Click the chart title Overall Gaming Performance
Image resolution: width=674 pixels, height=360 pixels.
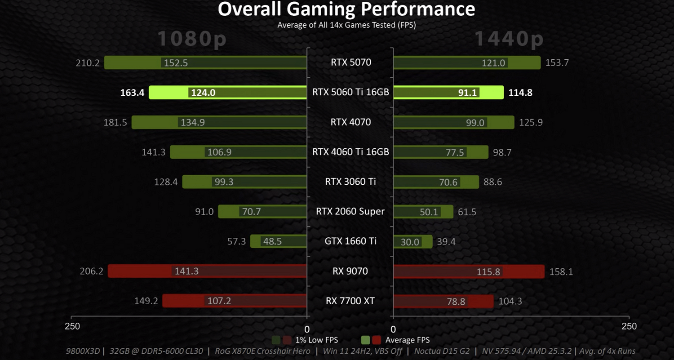[x=346, y=9]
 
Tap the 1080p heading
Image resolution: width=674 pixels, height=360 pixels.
[x=192, y=39]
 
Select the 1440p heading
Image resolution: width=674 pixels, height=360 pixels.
[x=509, y=39]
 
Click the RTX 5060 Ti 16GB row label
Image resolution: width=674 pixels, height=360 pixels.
[x=350, y=92]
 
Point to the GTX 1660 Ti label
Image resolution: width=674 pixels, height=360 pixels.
[x=350, y=241]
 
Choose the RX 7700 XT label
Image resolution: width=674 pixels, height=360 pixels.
[x=350, y=301]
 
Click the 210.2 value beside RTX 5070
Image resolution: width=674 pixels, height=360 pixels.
[x=88, y=63]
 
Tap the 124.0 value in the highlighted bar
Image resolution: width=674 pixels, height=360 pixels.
[x=203, y=93]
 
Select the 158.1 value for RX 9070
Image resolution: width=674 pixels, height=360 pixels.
[x=561, y=272]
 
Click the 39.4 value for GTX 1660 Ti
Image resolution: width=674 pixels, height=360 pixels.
[x=446, y=242]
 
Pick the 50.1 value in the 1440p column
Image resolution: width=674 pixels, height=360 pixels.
[x=429, y=212]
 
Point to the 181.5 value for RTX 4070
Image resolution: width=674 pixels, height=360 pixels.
[x=115, y=122]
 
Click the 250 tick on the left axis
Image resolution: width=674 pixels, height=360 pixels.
[x=73, y=326]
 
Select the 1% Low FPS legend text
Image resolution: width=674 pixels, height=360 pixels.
[x=316, y=340]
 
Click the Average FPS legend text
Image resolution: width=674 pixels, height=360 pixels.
[x=407, y=340]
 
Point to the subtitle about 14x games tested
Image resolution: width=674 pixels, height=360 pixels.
[x=346, y=25]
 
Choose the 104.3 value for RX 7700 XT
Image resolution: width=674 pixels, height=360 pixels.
[x=510, y=302]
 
